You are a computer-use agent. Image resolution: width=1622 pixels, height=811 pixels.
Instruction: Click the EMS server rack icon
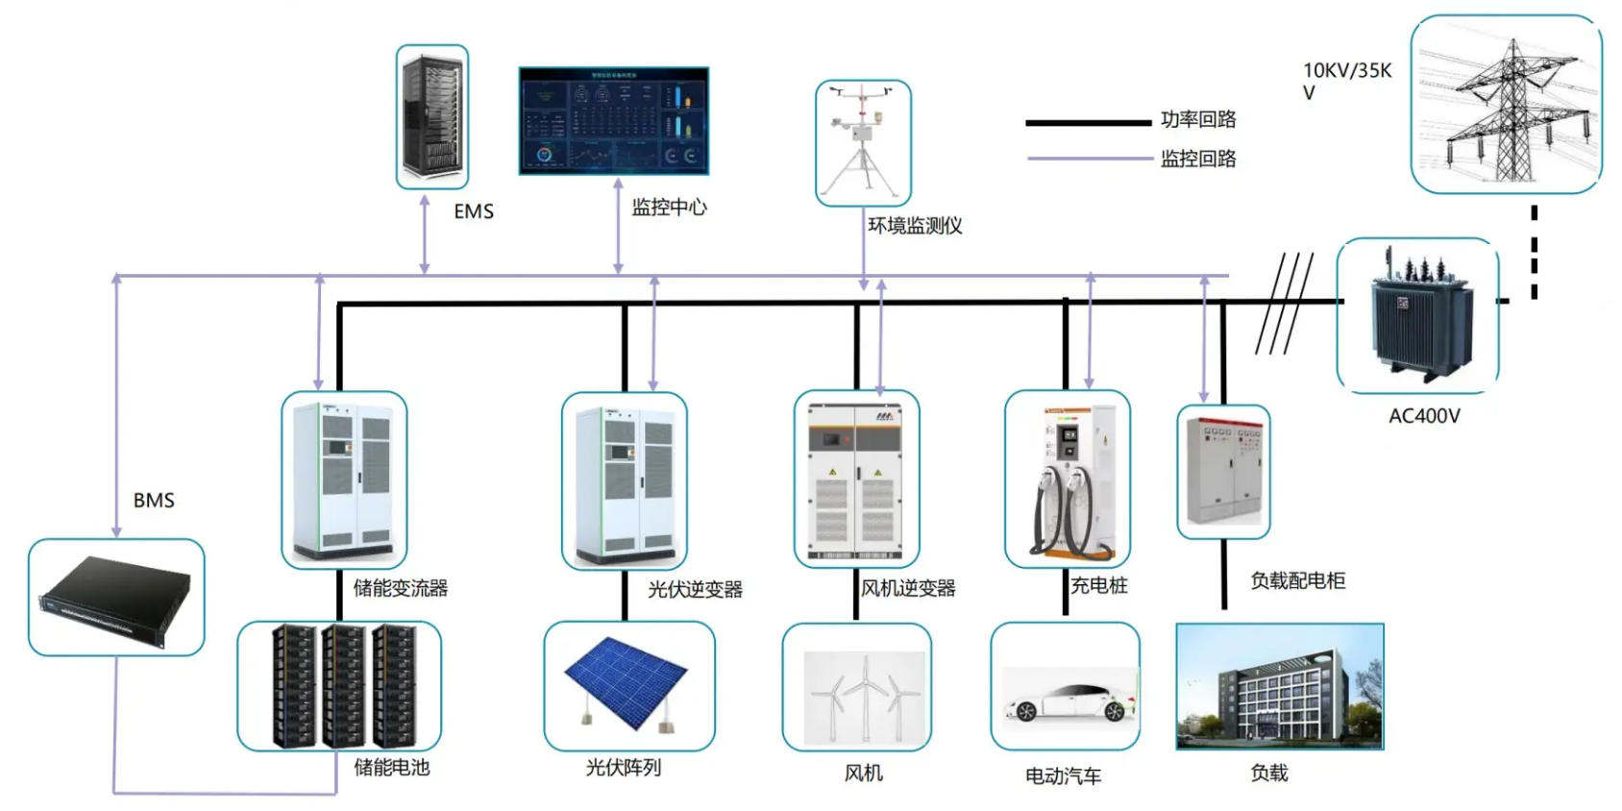tap(432, 116)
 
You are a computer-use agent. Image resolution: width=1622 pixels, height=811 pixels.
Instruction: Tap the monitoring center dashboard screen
tap(613, 120)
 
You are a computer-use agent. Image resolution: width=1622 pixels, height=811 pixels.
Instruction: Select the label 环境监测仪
tap(915, 226)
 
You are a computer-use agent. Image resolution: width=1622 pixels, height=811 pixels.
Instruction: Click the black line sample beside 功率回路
tap(1087, 123)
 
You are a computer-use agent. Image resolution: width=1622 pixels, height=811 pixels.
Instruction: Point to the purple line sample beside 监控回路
tap(1087, 158)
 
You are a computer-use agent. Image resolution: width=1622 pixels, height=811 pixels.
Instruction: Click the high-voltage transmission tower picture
tap(1506, 104)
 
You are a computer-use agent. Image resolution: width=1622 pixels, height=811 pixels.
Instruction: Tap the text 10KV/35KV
tap(1346, 80)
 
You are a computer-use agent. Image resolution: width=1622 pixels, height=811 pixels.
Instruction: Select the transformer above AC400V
tap(1417, 315)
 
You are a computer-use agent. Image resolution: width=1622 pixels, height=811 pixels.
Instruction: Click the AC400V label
tap(1424, 416)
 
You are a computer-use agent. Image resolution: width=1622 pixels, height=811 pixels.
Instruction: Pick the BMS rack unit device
tap(116, 597)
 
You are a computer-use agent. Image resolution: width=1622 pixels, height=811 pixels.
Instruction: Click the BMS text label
tap(154, 501)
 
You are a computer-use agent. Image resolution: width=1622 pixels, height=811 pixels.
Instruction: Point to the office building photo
tap(1279, 686)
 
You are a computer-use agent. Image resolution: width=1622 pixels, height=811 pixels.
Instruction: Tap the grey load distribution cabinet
tap(1223, 471)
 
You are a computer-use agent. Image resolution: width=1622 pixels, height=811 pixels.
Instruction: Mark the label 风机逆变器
tap(908, 588)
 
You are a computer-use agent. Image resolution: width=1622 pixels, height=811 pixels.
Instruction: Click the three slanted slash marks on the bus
tap(1285, 303)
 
